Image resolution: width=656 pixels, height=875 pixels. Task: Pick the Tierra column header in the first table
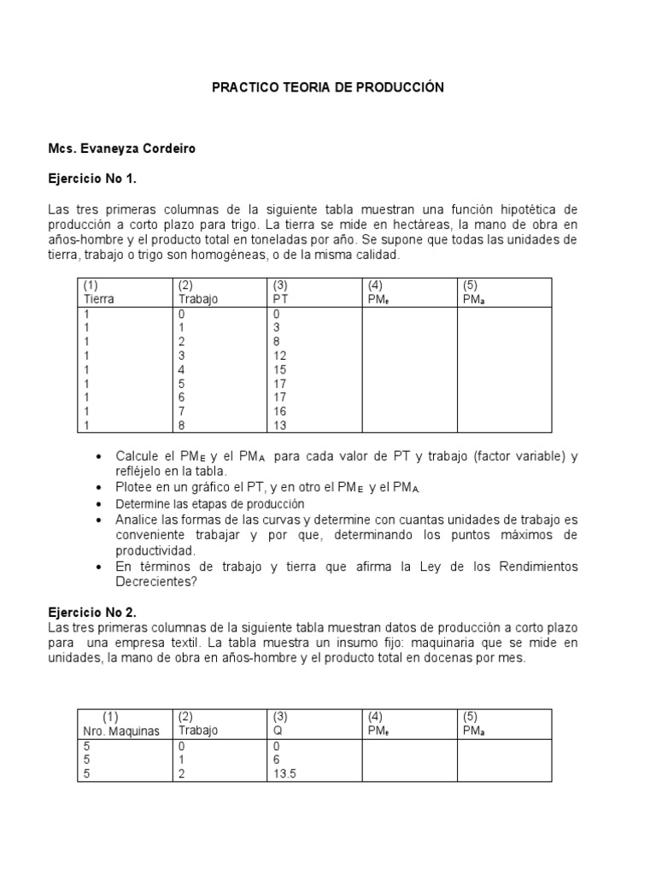point(99,299)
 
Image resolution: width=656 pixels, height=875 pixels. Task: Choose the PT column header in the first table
point(280,299)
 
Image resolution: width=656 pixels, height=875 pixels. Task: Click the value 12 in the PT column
point(279,355)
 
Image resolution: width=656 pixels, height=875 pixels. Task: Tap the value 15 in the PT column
point(279,369)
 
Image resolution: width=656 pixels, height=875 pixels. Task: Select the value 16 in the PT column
point(279,411)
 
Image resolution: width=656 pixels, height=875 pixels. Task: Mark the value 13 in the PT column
point(279,425)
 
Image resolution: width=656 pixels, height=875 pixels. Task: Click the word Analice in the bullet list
point(138,520)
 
